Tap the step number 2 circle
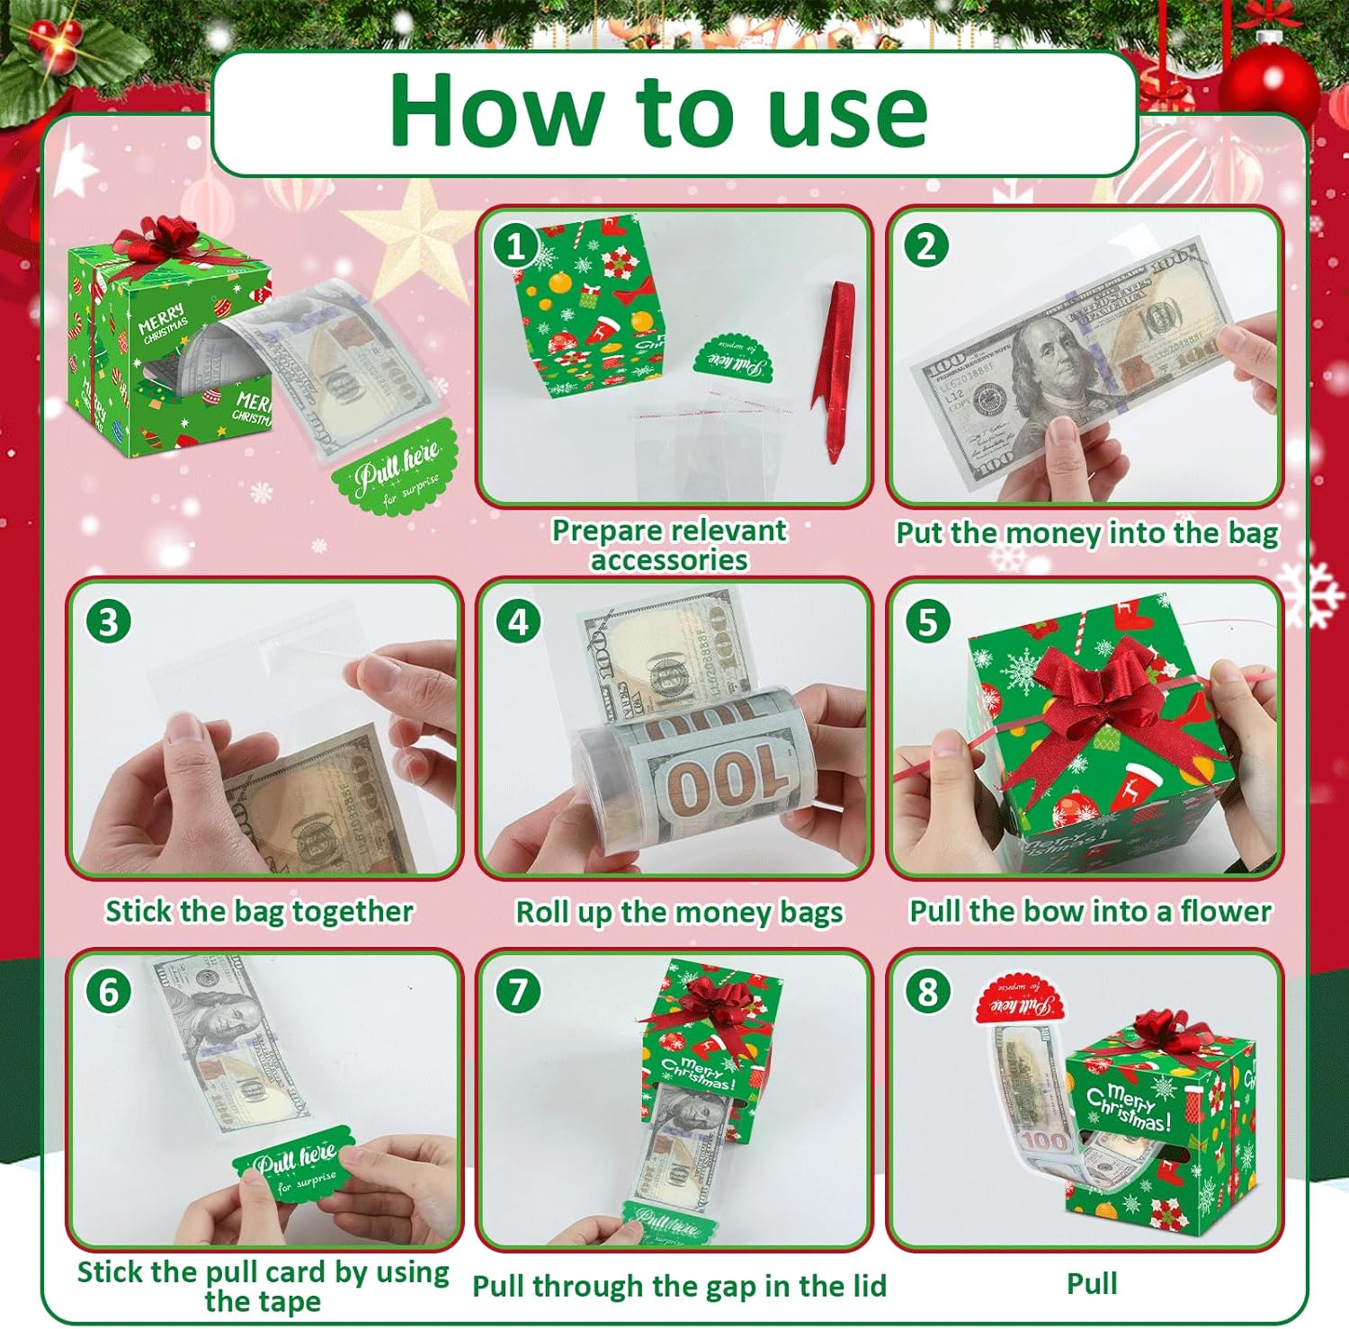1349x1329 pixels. (926, 245)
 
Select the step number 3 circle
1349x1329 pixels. (108, 621)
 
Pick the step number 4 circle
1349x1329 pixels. (518, 621)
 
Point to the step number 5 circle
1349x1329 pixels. (927, 621)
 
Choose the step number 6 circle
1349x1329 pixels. (108, 991)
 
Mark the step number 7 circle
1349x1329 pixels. (518, 991)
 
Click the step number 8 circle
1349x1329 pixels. (927, 991)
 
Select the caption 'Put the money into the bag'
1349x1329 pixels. (1086, 533)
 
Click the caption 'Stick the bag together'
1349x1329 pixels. (259, 911)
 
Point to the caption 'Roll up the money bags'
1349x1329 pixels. (679, 912)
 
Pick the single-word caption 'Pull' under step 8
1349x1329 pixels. (1092, 1283)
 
